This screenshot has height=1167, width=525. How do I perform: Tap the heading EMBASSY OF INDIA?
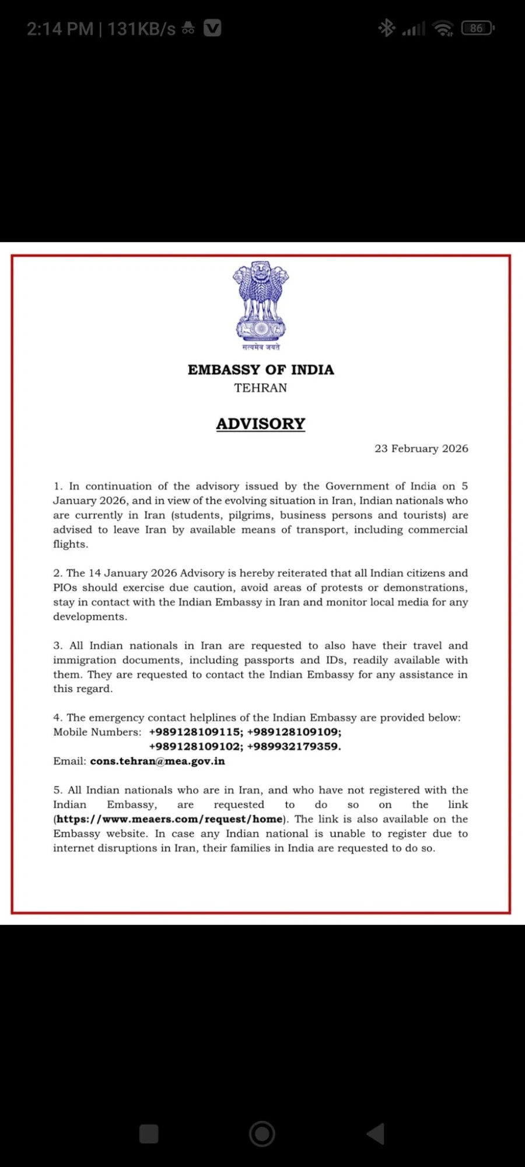pyautogui.click(x=261, y=370)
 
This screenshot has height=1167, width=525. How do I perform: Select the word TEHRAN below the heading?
pyautogui.click(x=261, y=388)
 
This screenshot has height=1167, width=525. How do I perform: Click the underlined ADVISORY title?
pyautogui.click(x=261, y=424)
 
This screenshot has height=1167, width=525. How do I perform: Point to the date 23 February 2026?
pyautogui.click(x=421, y=449)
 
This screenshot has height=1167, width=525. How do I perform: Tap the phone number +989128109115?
pyautogui.click(x=195, y=732)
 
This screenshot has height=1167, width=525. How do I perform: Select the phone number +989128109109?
pyautogui.click(x=295, y=732)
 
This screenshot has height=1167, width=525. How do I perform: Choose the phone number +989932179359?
pyautogui.click(x=294, y=747)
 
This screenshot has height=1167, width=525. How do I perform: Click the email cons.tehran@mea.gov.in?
pyautogui.click(x=157, y=761)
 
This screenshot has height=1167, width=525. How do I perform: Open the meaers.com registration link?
pyautogui.click(x=169, y=820)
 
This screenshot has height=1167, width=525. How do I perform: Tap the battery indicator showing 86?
pyautogui.click(x=477, y=28)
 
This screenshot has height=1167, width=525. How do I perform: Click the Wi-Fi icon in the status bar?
pyautogui.click(x=444, y=28)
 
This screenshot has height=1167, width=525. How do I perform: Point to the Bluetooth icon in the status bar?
pyautogui.click(x=386, y=28)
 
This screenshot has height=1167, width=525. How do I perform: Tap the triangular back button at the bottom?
pyautogui.click(x=376, y=1134)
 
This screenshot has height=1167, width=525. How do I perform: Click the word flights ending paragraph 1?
pyautogui.click(x=71, y=545)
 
